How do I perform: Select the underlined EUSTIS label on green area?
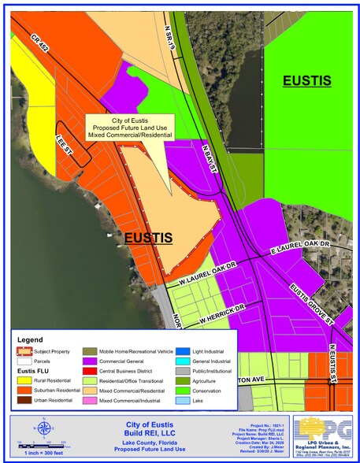(307, 81)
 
